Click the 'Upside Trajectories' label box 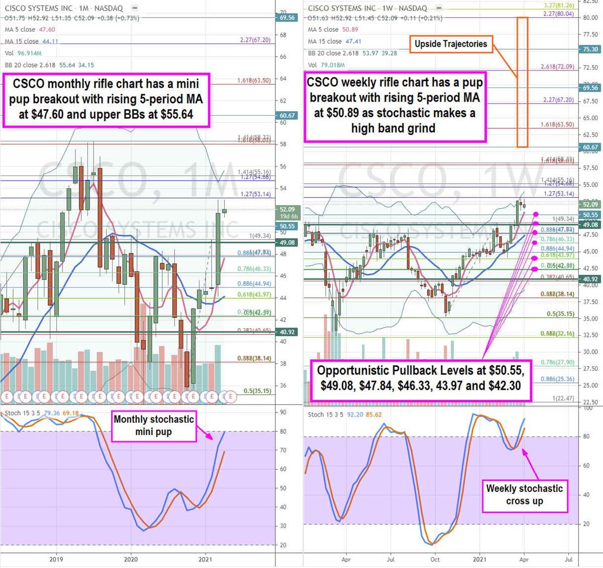pos(451,44)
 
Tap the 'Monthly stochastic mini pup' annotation pos(153,426)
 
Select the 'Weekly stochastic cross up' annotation pos(524,495)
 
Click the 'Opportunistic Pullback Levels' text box pos(421,378)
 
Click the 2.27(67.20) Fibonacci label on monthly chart pos(255,40)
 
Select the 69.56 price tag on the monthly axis pos(287,18)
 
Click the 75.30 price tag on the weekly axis pos(590,49)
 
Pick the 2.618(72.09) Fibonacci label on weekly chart pos(557,67)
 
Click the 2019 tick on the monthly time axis pos(56,559)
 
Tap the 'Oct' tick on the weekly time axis pos(435,559)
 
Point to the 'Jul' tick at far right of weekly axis pos(568,559)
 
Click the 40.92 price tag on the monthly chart pos(287,332)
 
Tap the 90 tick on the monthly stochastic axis pos(283,413)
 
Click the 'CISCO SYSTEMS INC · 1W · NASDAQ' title pos(367,8)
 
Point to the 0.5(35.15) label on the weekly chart pos(560,314)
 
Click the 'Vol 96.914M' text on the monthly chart pos(23,53)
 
